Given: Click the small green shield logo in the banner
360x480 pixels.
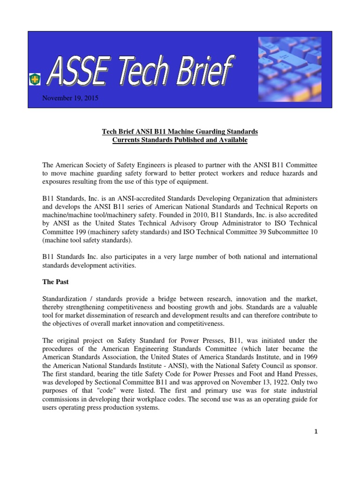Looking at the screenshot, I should (35, 80).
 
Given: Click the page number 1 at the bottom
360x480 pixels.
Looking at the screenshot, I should (316, 432).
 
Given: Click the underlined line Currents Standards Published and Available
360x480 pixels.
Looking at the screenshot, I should (180, 140).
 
